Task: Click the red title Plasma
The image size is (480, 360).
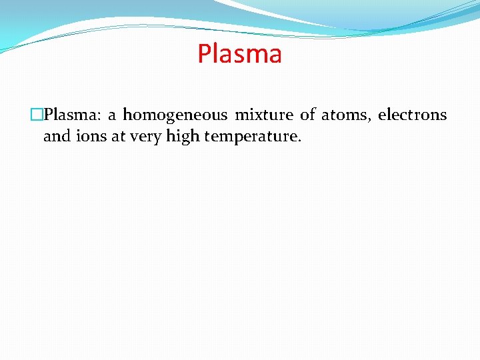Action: [x=239, y=53]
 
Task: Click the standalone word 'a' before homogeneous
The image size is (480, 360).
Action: [x=112, y=116]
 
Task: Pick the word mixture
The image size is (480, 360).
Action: [x=263, y=115]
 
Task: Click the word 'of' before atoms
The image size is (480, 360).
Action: [x=307, y=115]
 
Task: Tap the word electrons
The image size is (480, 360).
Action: [x=412, y=115]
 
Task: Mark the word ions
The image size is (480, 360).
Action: [x=87, y=137]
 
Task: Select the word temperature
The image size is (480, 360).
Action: [x=250, y=138]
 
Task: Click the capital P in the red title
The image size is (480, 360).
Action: [x=204, y=54]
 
